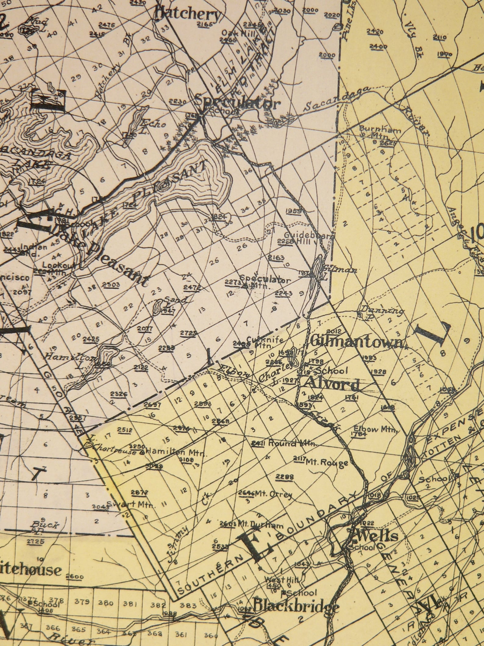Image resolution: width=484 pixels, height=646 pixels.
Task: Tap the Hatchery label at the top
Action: tap(187, 14)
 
